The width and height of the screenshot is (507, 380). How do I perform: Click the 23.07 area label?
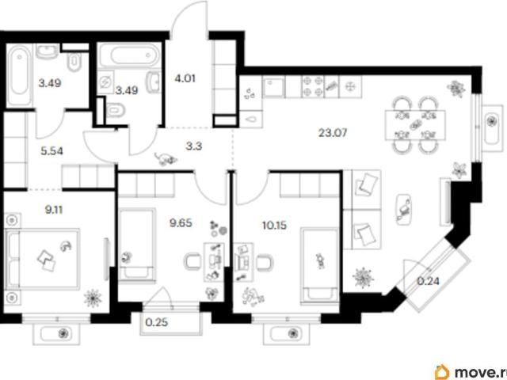pos(333,133)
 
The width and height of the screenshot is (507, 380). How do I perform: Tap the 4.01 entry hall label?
pos(185,78)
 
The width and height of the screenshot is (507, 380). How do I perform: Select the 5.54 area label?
pos(51,151)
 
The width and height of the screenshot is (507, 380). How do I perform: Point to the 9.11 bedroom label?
pos(54,210)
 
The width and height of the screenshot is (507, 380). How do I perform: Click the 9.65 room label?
pos(181,222)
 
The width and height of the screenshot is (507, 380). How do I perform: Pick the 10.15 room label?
pos(274,225)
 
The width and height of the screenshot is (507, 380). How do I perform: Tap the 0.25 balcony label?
pos(157,322)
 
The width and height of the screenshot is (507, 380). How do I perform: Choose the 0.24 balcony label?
pos(428,281)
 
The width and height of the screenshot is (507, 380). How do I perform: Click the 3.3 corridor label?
pos(193,146)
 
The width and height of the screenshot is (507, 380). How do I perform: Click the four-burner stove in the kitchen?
pos(313,87)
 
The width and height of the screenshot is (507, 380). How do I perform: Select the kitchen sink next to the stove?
pos(274,87)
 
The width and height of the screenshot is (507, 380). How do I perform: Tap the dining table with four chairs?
pos(415,125)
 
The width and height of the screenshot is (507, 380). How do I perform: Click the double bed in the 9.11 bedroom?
pos(43,259)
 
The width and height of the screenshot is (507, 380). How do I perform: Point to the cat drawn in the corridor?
pos(166,158)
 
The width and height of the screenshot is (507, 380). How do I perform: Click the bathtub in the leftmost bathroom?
pos(19,75)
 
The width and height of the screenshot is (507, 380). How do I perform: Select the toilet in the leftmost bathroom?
pos(74,62)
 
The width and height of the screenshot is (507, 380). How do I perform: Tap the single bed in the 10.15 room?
pos(320,266)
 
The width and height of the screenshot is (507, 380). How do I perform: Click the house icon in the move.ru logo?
pos(442,372)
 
